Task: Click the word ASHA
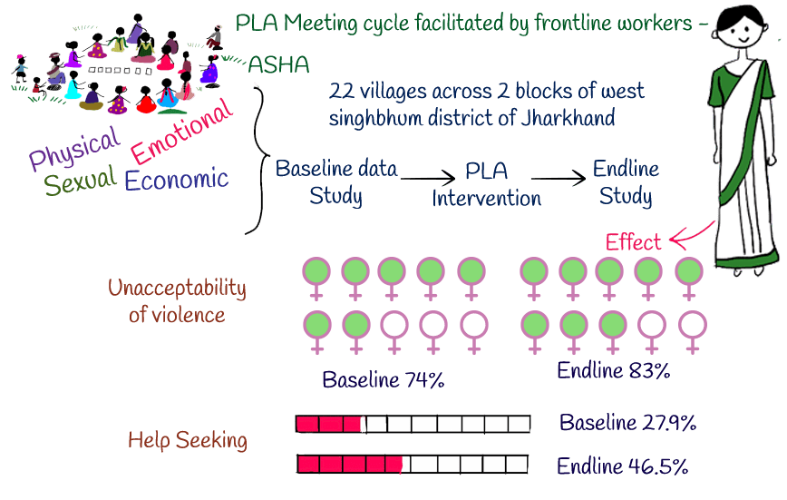click(x=278, y=64)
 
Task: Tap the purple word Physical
click(x=73, y=150)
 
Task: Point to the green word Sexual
click(x=81, y=181)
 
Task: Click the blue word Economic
click(x=176, y=179)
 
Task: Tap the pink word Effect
click(x=634, y=242)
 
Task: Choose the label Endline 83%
click(x=613, y=370)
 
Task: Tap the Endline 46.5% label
click(x=622, y=467)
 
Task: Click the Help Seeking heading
click(x=187, y=441)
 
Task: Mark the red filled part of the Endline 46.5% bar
click(x=350, y=464)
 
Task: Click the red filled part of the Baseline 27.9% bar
click(x=328, y=424)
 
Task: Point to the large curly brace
click(x=257, y=154)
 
